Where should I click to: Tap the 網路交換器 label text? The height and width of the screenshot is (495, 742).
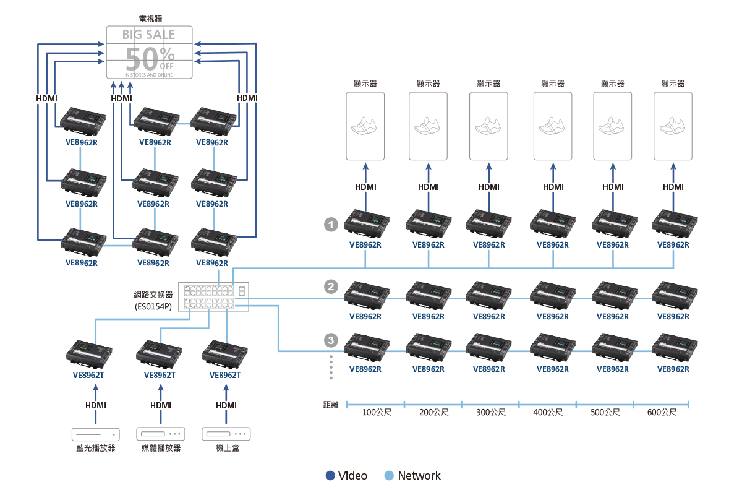click(x=152, y=295)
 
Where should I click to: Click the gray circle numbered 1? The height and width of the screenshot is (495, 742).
click(x=331, y=225)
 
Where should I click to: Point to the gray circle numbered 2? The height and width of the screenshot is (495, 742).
click(x=331, y=286)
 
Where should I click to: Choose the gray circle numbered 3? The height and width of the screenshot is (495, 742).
click(x=331, y=340)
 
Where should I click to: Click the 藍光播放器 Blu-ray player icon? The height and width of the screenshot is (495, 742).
click(x=95, y=434)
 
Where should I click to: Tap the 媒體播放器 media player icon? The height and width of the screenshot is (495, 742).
click(x=161, y=434)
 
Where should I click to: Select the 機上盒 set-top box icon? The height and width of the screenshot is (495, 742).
click(x=226, y=434)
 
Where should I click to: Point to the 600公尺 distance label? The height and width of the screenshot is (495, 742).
click(x=662, y=412)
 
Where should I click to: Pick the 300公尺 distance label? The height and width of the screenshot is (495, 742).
click(x=491, y=412)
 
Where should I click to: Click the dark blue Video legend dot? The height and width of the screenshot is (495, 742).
click(x=330, y=475)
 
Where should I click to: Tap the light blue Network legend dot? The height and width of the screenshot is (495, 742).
click(x=389, y=475)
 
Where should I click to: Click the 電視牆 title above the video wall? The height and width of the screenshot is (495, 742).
click(x=149, y=19)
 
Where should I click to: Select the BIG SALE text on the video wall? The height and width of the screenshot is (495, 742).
click(x=149, y=35)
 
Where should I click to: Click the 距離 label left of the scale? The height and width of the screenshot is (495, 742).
click(x=331, y=405)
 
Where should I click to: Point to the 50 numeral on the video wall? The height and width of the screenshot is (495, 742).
click(x=142, y=59)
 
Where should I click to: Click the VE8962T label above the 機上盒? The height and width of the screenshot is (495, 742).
click(x=225, y=375)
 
